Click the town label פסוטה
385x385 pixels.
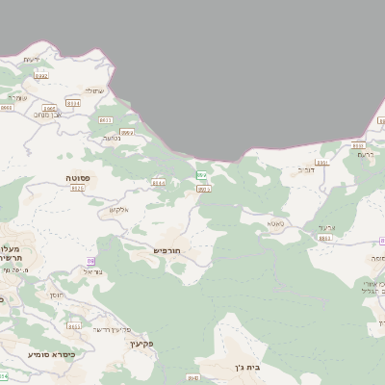click(x=78, y=179)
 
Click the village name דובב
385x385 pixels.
click(x=305, y=170)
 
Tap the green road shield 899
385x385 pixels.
click(x=202, y=174)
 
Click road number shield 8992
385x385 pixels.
click(x=40, y=74)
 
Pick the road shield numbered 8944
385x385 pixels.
click(x=158, y=182)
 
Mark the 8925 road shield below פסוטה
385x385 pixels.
click(x=78, y=189)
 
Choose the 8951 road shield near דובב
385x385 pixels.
click(x=321, y=162)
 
